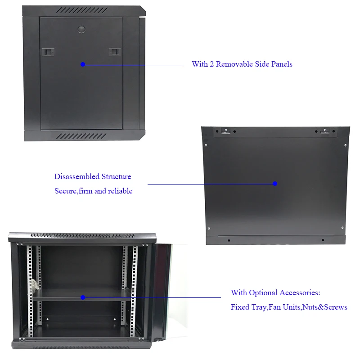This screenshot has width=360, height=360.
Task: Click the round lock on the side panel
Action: click(81, 29)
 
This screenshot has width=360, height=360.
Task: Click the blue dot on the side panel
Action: click(83, 64)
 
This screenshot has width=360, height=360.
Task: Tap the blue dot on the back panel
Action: click(275, 184)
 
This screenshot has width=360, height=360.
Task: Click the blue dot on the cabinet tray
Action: click(83, 297)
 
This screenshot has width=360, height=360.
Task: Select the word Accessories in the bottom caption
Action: click(300, 293)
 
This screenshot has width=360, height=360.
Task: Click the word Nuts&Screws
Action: click(325, 307)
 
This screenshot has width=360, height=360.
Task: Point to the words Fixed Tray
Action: click(247, 307)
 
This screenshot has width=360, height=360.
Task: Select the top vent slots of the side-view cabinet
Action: click(82, 10)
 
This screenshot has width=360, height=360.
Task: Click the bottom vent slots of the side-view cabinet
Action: click(82, 135)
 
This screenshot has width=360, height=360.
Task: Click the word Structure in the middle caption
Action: click(116, 177)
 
